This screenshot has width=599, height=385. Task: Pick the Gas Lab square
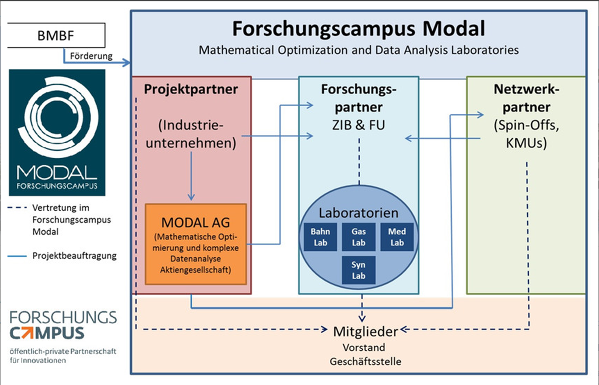pos(359,237)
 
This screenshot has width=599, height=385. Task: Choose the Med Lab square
pos(397,237)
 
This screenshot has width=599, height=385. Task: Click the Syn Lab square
pos(359,270)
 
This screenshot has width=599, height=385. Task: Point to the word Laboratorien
pos(358,213)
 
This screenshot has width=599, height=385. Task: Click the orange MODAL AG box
pos(196,244)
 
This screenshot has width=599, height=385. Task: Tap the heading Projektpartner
pos(191,89)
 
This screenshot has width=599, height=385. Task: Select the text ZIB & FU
pos(359,125)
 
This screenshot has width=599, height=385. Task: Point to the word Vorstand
pos(364,347)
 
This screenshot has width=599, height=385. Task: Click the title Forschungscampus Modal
pos(358,29)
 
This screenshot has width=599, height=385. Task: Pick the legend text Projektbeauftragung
pos(74,256)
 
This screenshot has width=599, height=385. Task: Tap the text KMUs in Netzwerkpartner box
pos(526,144)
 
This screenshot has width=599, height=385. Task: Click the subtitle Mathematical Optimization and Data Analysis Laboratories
pos(359,50)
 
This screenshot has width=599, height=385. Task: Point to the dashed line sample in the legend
pos(17,208)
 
